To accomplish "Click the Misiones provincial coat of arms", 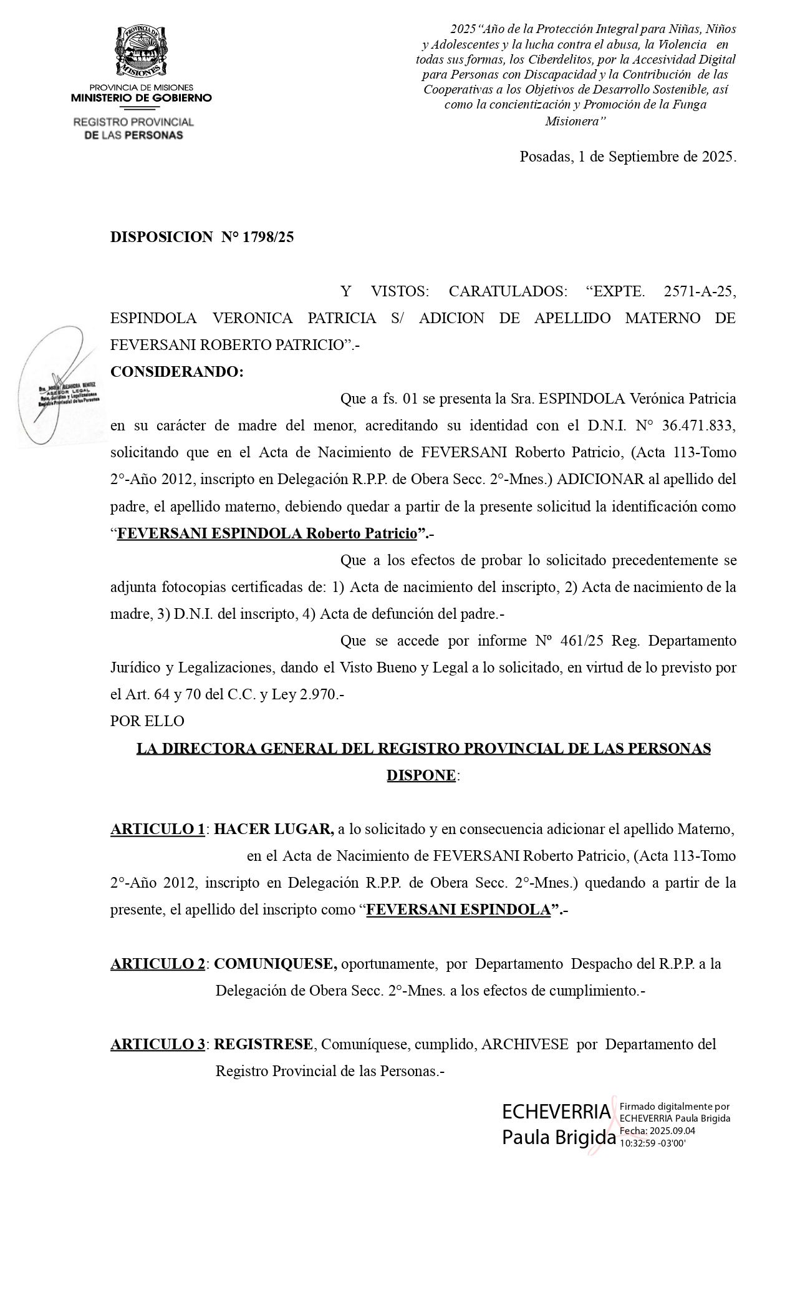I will coord(142,52).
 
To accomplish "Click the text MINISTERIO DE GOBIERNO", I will coord(142,98).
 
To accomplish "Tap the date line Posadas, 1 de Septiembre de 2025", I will coord(628,157).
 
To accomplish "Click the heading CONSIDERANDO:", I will coord(177,372).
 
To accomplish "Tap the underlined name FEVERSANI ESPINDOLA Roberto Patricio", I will coord(267,533).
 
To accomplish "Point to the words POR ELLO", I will coord(147,721).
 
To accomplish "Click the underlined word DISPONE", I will coord(422,775).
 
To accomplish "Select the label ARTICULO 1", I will coord(158,829).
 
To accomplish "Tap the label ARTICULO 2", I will coord(158,964).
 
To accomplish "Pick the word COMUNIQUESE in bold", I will coord(275,964).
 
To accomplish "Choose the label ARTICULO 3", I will coord(158,1044).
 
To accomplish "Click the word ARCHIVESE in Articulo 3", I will coord(524,1044).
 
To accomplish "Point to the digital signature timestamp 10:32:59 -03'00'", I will coord(652,1143).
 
